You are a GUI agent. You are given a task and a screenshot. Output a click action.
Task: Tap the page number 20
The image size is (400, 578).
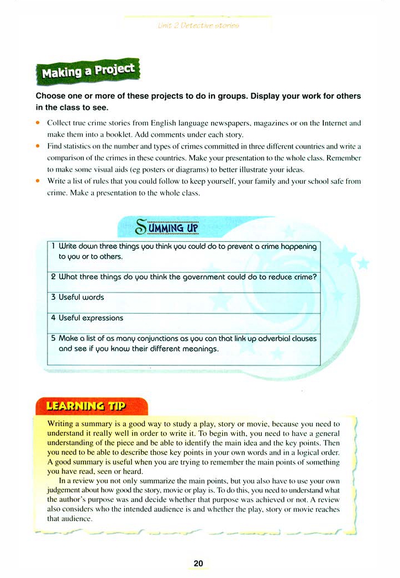pyautogui.click(x=198, y=563)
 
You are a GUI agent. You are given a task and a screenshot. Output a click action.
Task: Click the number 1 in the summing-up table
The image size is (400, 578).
pyautogui.click(x=53, y=247)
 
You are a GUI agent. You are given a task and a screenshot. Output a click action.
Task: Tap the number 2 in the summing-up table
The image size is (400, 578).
pyautogui.click(x=53, y=277)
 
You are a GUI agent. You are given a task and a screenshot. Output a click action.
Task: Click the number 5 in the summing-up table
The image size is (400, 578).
pyautogui.click(x=53, y=338)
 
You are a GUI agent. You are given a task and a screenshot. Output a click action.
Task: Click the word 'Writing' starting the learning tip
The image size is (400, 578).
pyautogui.click(x=62, y=424)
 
